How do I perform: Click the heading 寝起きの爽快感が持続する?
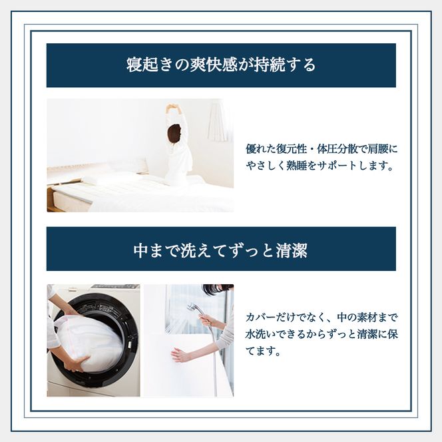(221, 65)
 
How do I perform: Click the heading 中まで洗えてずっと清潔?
(221, 251)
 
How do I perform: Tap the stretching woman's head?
(174, 132)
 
